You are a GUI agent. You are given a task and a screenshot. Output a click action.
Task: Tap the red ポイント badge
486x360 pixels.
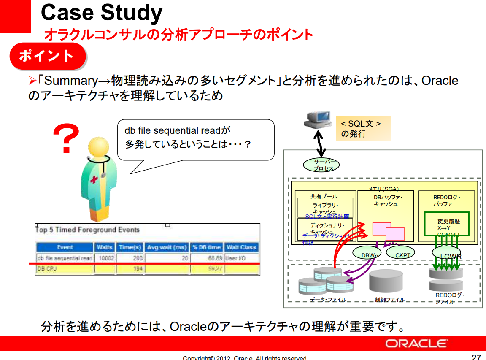click(x=47, y=56)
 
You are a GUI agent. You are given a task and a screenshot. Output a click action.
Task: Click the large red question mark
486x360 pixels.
click(x=66, y=139)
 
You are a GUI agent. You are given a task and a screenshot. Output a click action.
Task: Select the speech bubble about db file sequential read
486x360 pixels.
click(x=195, y=139)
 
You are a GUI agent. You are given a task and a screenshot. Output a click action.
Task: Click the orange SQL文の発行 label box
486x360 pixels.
click(x=363, y=128)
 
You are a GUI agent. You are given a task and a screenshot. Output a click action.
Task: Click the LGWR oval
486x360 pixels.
click(x=447, y=255)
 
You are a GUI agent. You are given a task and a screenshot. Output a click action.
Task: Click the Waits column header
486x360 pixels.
click(x=104, y=247)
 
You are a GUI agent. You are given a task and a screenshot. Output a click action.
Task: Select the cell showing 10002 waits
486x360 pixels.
click(x=104, y=258)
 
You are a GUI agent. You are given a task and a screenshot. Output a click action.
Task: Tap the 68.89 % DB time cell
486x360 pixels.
click(x=206, y=258)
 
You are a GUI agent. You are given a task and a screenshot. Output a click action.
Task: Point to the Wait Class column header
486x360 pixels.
click(x=241, y=247)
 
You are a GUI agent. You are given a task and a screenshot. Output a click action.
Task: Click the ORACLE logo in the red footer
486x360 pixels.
click(x=416, y=344)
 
